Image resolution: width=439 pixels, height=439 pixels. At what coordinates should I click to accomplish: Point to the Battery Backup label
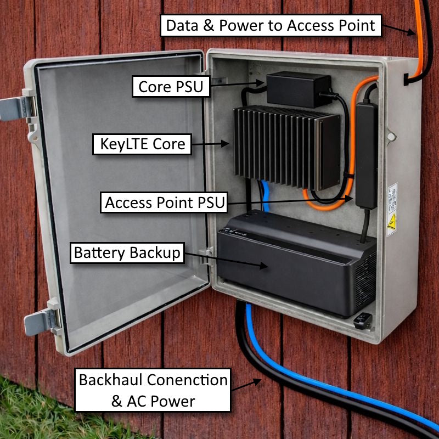[x=127, y=253]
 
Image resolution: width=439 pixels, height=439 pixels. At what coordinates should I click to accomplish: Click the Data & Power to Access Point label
[x=271, y=25]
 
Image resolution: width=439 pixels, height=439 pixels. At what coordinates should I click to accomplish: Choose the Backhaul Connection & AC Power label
[x=153, y=390]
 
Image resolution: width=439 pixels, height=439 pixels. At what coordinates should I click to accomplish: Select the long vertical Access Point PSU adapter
[x=366, y=154]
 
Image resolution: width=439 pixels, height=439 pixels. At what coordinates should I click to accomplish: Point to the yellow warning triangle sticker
[x=392, y=222]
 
